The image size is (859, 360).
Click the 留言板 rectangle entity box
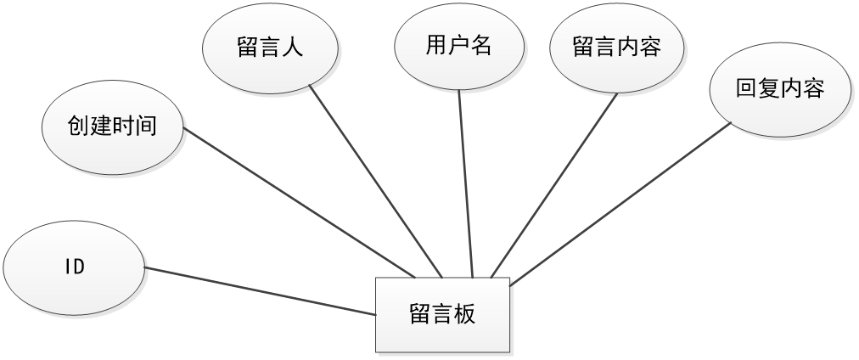pyautogui.click(x=442, y=314)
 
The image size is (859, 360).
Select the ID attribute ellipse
pyautogui.click(x=75, y=267)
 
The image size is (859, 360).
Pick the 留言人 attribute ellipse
pyautogui.click(x=270, y=48)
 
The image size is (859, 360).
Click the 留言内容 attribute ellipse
pyautogui.click(x=617, y=48)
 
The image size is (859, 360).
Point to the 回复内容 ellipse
pyautogui.click(x=779, y=89)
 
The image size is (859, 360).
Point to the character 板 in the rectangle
pyautogui.click(x=464, y=314)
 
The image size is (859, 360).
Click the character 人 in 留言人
pyautogui.click(x=292, y=48)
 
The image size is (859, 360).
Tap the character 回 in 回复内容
pyautogui.click(x=746, y=89)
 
